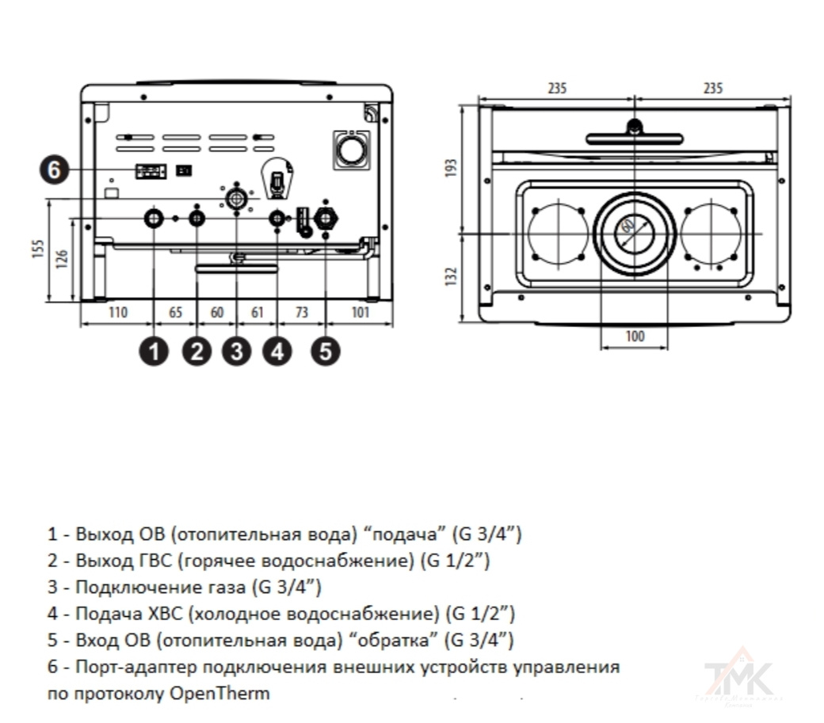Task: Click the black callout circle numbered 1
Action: coord(154,351)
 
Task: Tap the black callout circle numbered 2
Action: coord(196,351)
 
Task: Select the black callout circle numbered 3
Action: coord(236,351)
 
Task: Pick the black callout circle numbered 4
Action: coord(276,351)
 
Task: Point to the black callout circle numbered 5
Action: coord(326,351)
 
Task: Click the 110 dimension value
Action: coord(117,313)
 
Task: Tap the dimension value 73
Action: coord(301,313)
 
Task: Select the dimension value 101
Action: coord(360,313)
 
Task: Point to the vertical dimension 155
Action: coord(37,250)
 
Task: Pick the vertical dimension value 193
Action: coord(452,169)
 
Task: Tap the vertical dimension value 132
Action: coord(452,276)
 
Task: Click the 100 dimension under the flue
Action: coord(634,336)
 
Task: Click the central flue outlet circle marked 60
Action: coord(634,233)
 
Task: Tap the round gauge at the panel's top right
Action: coord(351,148)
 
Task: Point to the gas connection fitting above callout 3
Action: coord(235,198)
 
